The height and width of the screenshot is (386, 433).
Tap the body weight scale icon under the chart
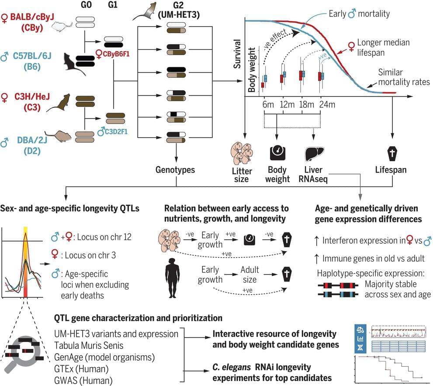(x=277, y=153)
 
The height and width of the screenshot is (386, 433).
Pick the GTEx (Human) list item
(x=82, y=369)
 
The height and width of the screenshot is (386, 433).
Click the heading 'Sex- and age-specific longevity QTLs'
(x=70, y=209)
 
